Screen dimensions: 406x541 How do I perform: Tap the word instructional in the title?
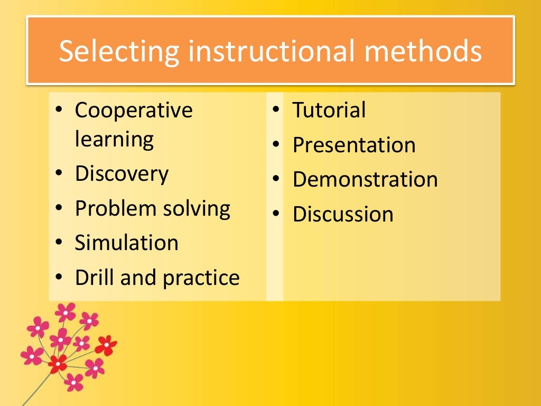coord(272,51)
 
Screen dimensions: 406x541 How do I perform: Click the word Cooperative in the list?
coord(134,110)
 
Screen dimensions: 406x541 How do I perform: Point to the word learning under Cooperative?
coord(114,140)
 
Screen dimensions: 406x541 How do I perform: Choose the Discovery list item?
coord(122,174)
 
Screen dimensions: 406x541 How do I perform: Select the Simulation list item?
coord(126,243)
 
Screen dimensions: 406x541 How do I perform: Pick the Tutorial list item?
coord(329,110)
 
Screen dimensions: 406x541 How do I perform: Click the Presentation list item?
coord(354,145)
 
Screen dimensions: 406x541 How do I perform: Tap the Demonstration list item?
coord(365,179)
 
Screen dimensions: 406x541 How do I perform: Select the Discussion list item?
coord(343,214)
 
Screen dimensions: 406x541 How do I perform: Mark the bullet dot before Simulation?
coord(59,243)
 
